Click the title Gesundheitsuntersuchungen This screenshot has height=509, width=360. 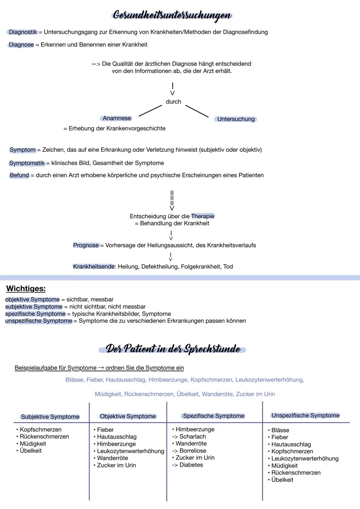click(x=172, y=15)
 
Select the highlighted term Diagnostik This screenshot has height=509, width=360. click(x=23, y=32)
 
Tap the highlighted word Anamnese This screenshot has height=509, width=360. click(x=116, y=118)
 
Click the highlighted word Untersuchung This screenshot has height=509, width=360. click(x=236, y=119)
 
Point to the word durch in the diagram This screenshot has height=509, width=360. click(x=173, y=102)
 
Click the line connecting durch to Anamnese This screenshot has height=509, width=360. click(x=150, y=111)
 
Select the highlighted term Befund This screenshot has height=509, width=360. click(x=19, y=175)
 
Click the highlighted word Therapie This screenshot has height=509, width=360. click(x=203, y=216)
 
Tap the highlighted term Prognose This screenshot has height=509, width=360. click(x=86, y=245)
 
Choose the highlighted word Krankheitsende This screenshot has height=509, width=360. click(x=94, y=267)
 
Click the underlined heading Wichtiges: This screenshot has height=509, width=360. click(x=26, y=289)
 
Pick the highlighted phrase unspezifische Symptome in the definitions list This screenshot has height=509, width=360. click(x=39, y=321)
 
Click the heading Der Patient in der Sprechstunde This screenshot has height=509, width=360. click(x=173, y=349)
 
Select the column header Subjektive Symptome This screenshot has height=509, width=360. click(x=50, y=417)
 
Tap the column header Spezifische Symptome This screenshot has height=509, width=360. click(x=214, y=416)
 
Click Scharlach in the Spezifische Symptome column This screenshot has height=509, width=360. click(x=193, y=437)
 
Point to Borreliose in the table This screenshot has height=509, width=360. click(x=193, y=451)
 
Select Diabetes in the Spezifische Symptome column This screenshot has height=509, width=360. click(x=191, y=465)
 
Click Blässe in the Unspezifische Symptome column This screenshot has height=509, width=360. click(x=280, y=430)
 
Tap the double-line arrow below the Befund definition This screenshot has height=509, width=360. click(x=172, y=200)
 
